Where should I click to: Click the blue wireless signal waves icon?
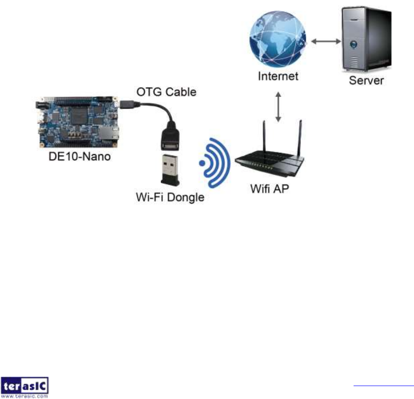pos(215,163)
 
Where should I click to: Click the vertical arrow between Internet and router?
pos(278,107)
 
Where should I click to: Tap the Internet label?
pos(278,76)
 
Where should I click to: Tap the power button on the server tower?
pos(354,44)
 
